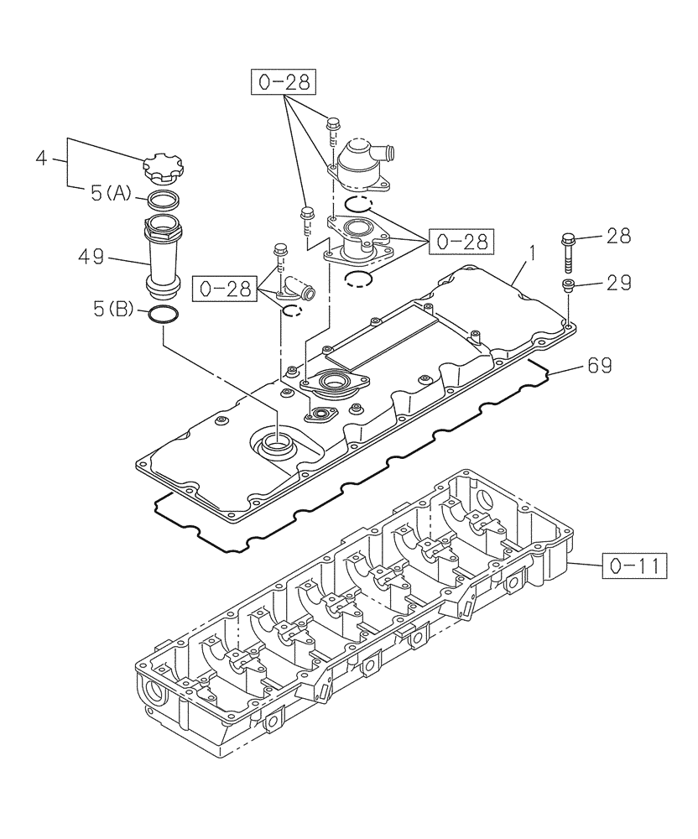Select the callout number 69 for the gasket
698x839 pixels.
tap(599, 365)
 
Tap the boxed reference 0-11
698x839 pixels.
tap(633, 567)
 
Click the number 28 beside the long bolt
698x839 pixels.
tap(618, 237)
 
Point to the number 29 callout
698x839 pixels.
tap(618, 284)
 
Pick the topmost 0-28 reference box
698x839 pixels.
tap(284, 83)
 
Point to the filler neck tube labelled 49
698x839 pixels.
tap(164, 256)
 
